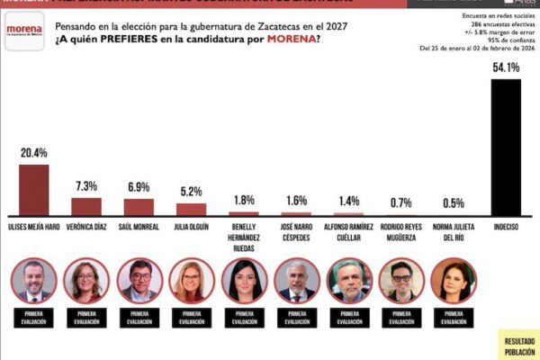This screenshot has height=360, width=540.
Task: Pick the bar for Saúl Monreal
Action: point(139,206)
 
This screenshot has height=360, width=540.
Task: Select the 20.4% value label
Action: point(34,153)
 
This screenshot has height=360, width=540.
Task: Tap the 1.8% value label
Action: point(244,200)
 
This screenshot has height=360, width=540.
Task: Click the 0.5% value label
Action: point(453,203)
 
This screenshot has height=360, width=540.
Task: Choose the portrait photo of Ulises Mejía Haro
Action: point(34,281)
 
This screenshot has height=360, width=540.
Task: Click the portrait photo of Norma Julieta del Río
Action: point(453,281)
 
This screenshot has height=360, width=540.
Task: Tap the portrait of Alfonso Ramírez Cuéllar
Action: point(348,281)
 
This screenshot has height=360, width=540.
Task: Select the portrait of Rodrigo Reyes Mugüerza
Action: point(400,281)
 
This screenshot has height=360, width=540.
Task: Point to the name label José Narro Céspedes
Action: point(296,231)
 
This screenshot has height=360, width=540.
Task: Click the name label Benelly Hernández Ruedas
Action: point(244,235)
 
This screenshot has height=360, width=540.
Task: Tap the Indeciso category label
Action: point(505,227)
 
